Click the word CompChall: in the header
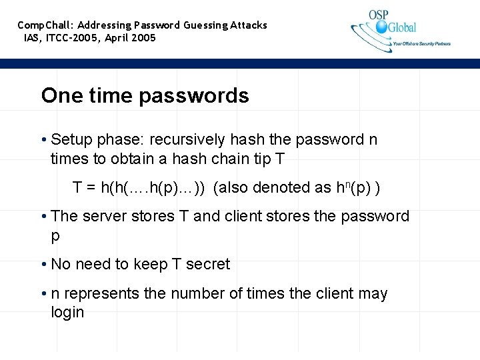[45, 25]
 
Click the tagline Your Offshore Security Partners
[421, 44]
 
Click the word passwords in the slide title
[194, 97]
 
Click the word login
[67, 312]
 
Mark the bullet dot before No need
[43, 265]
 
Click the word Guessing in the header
[205, 25]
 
